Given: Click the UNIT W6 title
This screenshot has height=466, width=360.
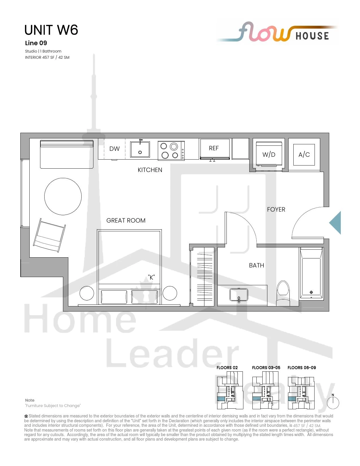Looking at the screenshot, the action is point(51,30).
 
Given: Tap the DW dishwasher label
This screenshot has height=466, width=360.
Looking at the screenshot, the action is point(115,149).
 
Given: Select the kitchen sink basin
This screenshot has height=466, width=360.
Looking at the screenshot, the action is point(140,149).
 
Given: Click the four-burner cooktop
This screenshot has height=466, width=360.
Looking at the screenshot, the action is point(171,151).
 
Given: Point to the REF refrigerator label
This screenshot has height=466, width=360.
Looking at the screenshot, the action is point(214,148).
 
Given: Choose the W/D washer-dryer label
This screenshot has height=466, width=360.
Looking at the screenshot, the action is point(269,154).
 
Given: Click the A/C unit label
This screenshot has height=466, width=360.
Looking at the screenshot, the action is point(304,154).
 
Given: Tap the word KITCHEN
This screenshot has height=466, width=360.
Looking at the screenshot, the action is point(150,170).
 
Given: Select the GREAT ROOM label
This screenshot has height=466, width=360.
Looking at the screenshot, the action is point(126,220).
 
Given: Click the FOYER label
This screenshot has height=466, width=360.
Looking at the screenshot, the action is point(276,209).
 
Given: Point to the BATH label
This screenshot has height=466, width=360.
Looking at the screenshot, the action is point(256,265).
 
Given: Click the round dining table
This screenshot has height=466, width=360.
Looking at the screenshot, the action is point(63,197).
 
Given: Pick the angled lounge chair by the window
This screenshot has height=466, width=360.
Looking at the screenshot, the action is point(49,235).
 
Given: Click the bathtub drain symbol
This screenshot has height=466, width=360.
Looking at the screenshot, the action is point(311,292).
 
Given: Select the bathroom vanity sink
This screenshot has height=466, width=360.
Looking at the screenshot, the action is point(239,295).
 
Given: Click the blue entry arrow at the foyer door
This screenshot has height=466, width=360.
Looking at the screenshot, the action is point(335,223).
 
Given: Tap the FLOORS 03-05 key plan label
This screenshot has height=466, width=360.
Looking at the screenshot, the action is point(266,367).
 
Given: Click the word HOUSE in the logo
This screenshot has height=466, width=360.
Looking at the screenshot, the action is point(312,36).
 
